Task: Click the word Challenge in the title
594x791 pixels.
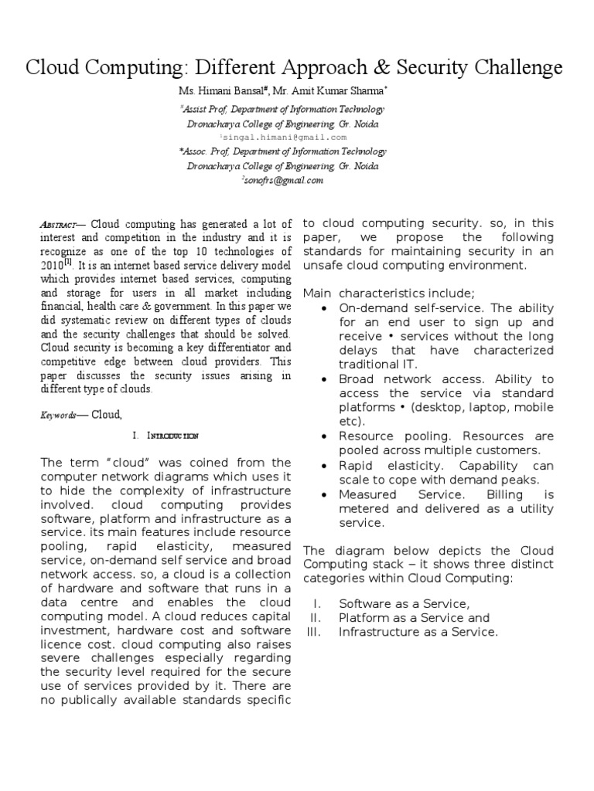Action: click(512, 69)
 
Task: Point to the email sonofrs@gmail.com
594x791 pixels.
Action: click(285, 180)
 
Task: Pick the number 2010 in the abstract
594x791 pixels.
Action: click(52, 265)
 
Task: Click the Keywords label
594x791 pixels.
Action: click(58, 415)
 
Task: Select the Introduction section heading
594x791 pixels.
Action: click(171, 436)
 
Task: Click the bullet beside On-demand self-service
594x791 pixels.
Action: click(324, 308)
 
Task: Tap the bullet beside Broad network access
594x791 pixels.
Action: click(324, 379)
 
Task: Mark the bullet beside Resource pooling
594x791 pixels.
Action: click(324, 436)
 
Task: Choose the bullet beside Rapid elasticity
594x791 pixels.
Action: click(324, 466)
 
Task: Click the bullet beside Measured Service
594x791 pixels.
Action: click(324, 494)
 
